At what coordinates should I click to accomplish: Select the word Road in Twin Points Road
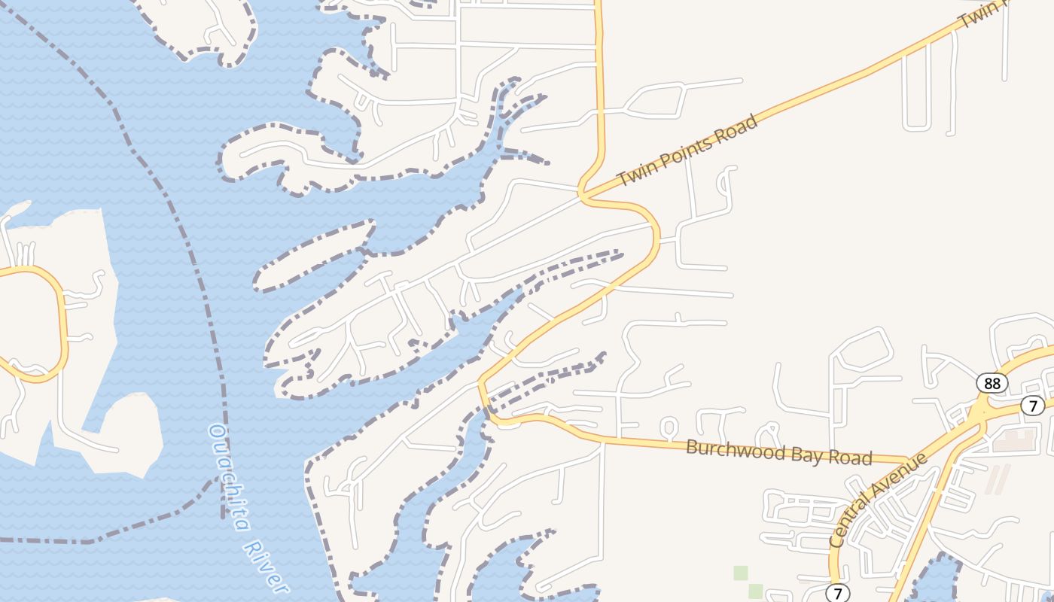[736, 126]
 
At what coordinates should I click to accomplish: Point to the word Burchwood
[728, 449]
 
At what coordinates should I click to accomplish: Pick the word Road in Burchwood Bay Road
[846, 457]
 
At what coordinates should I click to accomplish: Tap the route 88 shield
[992, 383]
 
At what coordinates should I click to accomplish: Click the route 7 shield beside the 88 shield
[1033, 406]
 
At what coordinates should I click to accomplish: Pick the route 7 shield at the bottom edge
[837, 592]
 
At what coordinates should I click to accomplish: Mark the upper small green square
[742, 573]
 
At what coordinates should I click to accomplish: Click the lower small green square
[755, 591]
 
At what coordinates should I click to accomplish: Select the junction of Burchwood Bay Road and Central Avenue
[907, 460]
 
